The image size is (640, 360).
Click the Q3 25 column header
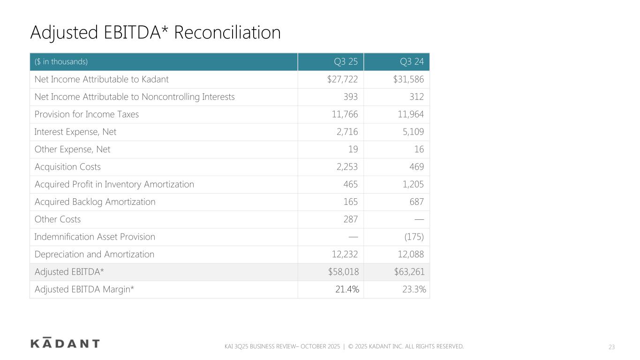click(346, 62)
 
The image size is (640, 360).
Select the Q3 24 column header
click(412, 62)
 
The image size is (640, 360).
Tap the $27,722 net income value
click(342, 79)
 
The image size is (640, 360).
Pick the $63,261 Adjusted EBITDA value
click(408, 272)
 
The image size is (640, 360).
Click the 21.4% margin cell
click(347, 290)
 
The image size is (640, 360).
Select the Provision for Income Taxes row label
click(87, 114)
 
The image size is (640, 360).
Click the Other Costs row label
click(58, 219)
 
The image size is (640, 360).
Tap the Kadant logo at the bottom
click(65, 343)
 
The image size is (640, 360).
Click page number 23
click(611, 347)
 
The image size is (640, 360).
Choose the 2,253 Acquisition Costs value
click(345, 167)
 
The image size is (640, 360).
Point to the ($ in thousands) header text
click(61, 62)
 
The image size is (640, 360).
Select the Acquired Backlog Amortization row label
click(95, 202)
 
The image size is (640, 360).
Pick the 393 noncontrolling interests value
click(350, 97)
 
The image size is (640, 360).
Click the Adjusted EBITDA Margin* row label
click(84, 290)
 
